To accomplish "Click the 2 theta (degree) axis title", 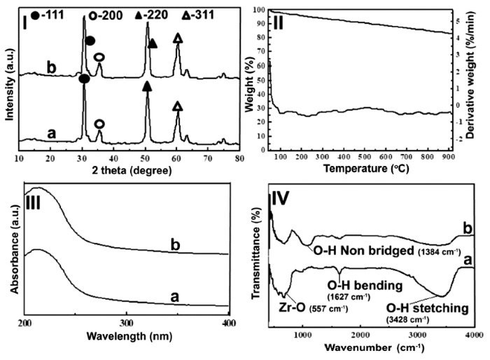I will coord(127,169).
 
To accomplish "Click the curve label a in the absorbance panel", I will coord(171,298).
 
